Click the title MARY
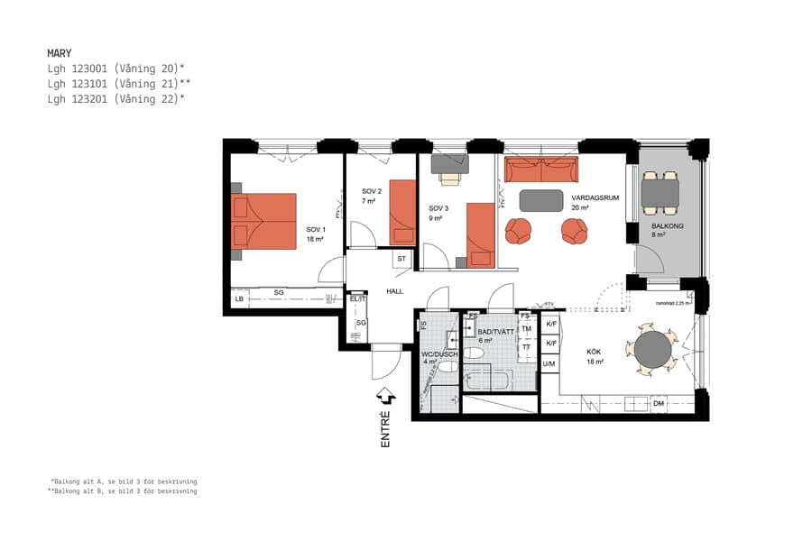point(59,53)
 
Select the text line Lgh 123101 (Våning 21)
point(118,84)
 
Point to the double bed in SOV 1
point(263,221)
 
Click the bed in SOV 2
point(402,212)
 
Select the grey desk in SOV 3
point(450,163)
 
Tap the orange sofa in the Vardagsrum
point(540,170)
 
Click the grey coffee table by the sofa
point(540,199)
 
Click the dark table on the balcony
point(660,191)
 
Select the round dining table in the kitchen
point(652,349)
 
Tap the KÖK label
point(594,353)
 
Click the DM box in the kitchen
point(659,404)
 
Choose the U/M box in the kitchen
point(549,363)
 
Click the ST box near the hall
point(401,260)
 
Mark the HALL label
point(394,292)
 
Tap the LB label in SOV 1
point(239,299)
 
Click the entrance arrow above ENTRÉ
point(385,395)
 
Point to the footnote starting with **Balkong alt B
point(123,491)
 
